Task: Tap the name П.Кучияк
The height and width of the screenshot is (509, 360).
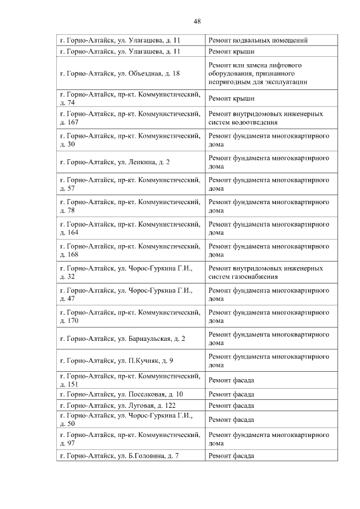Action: [143, 361]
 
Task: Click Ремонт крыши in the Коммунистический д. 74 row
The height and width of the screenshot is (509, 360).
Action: [231, 98]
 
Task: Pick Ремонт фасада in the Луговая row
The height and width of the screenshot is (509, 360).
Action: [231, 406]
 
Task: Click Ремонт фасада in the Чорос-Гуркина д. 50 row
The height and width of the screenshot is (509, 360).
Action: [231, 420]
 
